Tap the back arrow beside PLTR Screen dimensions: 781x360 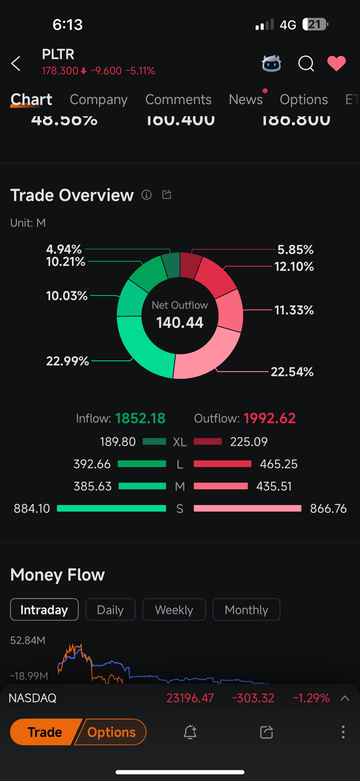(x=16, y=63)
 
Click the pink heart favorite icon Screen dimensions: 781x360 (x=336, y=63)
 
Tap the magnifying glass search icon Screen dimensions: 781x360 (x=306, y=63)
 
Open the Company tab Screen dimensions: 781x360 (x=99, y=99)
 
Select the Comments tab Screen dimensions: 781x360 (x=178, y=99)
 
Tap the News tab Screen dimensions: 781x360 (x=246, y=99)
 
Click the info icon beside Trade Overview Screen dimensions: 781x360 (x=146, y=195)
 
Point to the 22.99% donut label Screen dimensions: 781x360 (x=67, y=361)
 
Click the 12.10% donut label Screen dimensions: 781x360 (x=294, y=266)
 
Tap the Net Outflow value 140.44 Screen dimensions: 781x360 (x=180, y=322)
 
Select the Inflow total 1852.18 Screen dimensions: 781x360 (x=140, y=418)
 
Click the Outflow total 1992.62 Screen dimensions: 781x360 (x=269, y=418)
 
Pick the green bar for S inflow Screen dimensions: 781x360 (x=112, y=508)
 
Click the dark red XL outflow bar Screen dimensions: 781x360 (x=208, y=441)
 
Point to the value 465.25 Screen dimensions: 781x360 (x=279, y=464)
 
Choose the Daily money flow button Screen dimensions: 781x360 (x=110, y=610)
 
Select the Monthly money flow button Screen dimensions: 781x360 (x=246, y=610)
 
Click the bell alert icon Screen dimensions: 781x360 (x=190, y=732)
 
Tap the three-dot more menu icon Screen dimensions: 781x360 (x=343, y=732)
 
